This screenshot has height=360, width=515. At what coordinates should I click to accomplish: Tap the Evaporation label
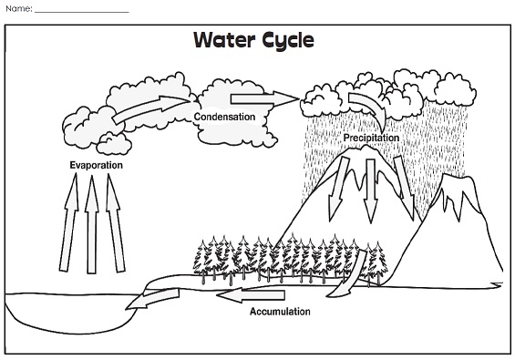tap(96, 166)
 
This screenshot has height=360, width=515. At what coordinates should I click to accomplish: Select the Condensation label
tap(222, 117)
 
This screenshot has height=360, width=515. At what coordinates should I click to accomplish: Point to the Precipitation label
tap(371, 138)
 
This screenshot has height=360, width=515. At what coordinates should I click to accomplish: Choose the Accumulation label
tap(280, 312)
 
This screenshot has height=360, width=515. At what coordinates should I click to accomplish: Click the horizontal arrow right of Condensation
tap(263, 97)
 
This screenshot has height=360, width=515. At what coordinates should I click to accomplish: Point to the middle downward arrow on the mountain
tap(370, 191)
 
